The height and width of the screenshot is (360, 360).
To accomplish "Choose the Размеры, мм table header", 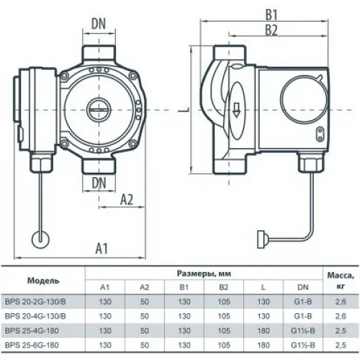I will pyautogui.click(x=209, y=274).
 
